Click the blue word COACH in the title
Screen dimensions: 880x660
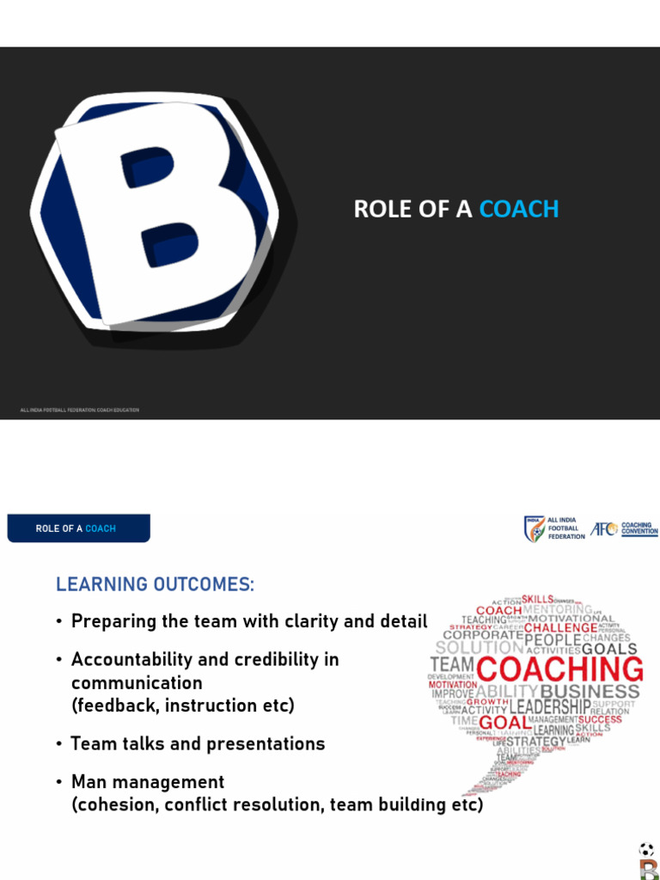pos(519,209)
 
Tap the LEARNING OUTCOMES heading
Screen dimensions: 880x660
pos(155,584)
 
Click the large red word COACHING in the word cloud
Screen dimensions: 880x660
pos(559,669)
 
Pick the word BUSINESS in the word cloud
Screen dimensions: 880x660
pos(590,691)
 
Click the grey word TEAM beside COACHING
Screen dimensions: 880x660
pos(452,665)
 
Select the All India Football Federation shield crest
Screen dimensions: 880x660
pos(535,529)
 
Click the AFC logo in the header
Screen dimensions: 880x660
pos(603,529)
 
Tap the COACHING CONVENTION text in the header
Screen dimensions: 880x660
pos(639,529)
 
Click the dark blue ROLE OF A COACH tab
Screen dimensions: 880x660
pos(78,529)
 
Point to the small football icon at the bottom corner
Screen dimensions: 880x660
pos(646,850)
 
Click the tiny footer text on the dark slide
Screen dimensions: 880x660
pos(79,410)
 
